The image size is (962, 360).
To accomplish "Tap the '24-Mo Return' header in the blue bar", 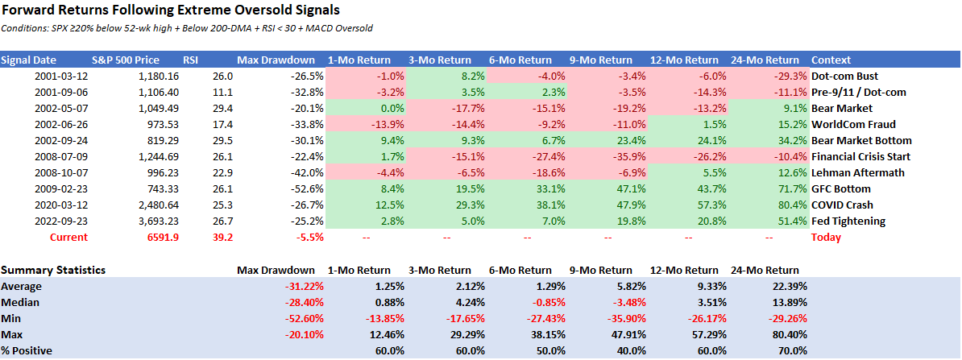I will (x=765, y=60).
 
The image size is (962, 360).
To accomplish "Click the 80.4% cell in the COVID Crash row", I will (x=786, y=205).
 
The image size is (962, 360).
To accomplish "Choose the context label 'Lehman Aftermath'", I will (x=858, y=172).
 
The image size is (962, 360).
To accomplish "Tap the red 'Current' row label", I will (x=68, y=237).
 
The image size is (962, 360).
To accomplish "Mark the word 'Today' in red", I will (x=826, y=237).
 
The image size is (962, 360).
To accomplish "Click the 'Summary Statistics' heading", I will (x=53, y=270).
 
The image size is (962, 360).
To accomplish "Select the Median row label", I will (x=22, y=302).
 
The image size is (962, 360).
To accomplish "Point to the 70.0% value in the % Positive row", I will (x=789, y=350).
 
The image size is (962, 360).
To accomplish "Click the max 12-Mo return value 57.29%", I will (x=705, y=334).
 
